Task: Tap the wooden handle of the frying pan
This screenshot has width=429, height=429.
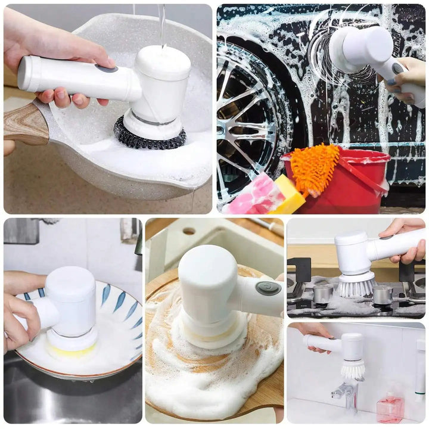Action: click(x=26, y=124)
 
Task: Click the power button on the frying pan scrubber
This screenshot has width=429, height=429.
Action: click(x=106, y=68)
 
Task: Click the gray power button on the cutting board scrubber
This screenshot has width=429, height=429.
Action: click(x=268, y=288)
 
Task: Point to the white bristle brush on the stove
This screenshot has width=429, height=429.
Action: click(x=356, y=285)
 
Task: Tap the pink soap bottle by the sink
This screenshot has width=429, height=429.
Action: click(x=390, y=409)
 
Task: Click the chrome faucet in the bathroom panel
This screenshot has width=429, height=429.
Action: click(x=344, y=393)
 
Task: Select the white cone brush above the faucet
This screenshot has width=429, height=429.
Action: click(x=353, y=369)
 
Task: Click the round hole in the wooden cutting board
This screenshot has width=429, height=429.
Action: click(x=189, y=231)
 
